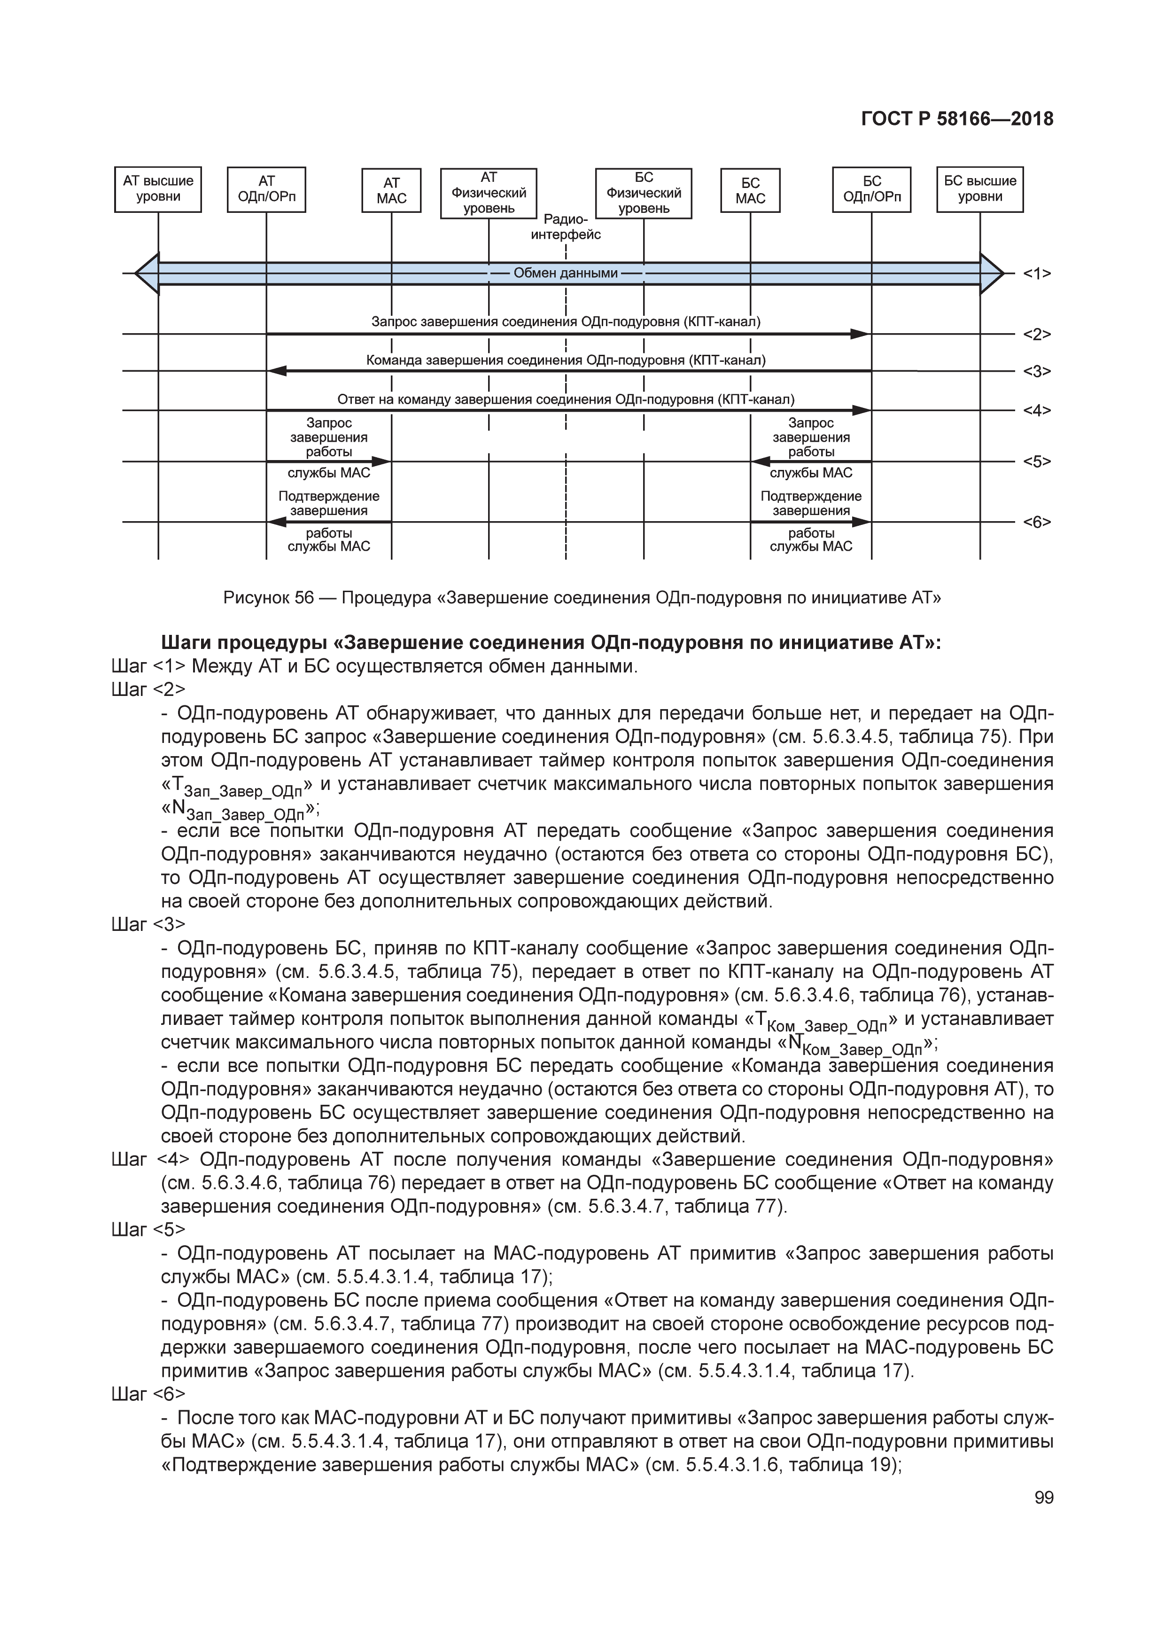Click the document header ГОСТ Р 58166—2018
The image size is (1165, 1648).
[x=957, y=119]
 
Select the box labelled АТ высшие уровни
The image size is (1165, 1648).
[x=158, y=189]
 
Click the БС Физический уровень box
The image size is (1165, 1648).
[x=644, y=193]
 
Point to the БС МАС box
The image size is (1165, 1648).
[x=750, y=190]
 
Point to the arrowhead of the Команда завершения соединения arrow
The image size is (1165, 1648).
[x=277, y=371]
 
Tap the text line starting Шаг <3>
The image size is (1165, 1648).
[x=148, y=924]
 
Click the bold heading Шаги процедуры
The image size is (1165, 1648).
[x=551, y=642]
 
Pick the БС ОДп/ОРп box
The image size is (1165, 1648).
[x=871, y=189]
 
